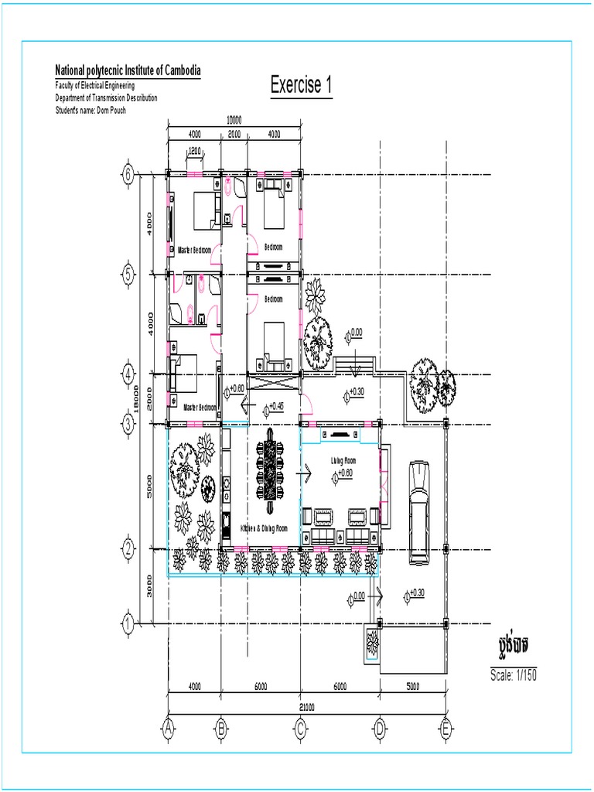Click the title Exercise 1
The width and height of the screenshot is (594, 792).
(302, 85)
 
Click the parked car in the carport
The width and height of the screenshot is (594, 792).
(420, 510)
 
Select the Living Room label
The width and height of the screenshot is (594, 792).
(343, 460)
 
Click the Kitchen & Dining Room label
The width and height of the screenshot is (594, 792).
(264, 527)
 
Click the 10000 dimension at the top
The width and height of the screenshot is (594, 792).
(234, 120)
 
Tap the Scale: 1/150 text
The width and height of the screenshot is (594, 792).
(514, 674)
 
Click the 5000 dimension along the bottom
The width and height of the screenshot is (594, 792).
(411, 686)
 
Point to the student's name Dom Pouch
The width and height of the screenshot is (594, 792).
(90, 110)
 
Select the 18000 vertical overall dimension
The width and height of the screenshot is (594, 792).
(137, 398)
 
